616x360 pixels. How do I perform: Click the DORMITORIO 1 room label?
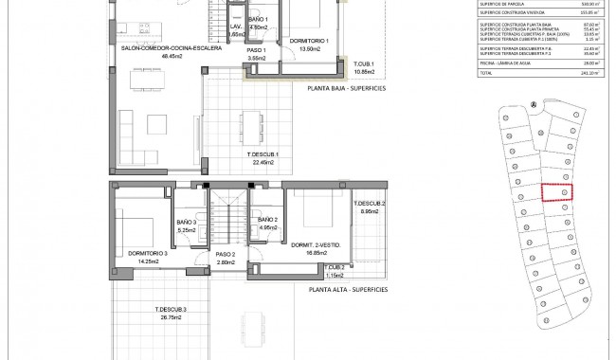click(308, 41)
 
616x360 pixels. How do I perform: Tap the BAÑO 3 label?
click(187, 220)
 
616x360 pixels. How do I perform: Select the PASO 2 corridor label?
click(224, 254)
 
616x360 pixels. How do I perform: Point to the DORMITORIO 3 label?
click(146, 253)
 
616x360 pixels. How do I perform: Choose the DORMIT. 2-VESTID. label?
click(317, 245)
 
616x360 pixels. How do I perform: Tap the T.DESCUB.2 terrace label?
click(370, 204)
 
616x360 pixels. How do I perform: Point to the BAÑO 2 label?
click(267, 220)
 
